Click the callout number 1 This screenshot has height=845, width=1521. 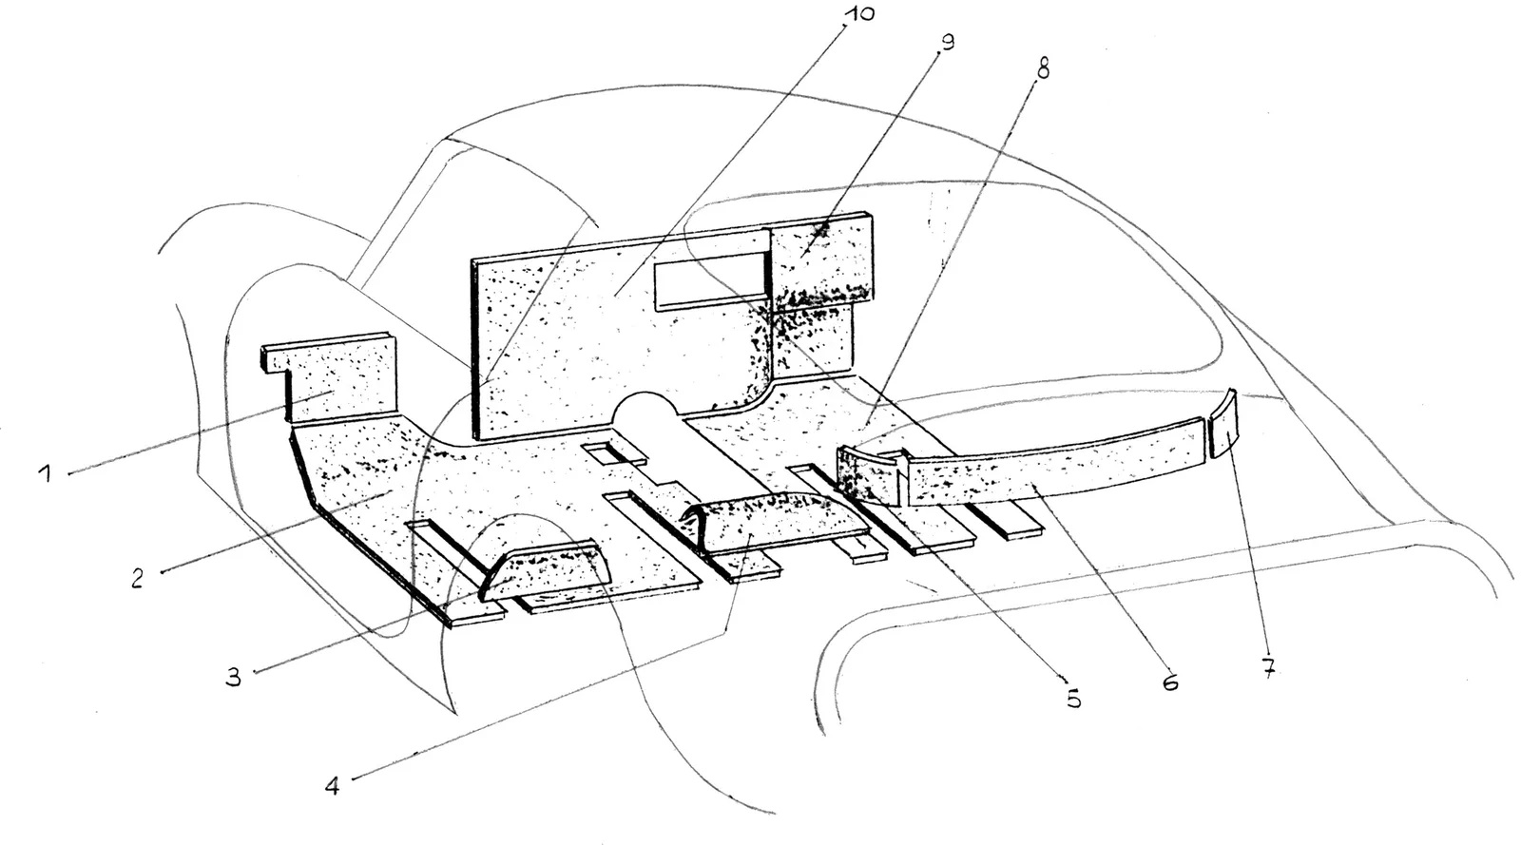(46, 472)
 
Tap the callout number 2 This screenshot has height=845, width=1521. (137, 578)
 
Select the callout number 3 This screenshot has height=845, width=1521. (234, 676)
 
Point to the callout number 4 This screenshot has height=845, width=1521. (332, 786)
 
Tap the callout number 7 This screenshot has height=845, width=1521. (1268, 668)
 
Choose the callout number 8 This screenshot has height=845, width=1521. (1043, 67)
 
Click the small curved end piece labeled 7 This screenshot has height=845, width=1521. (1223, 424)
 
